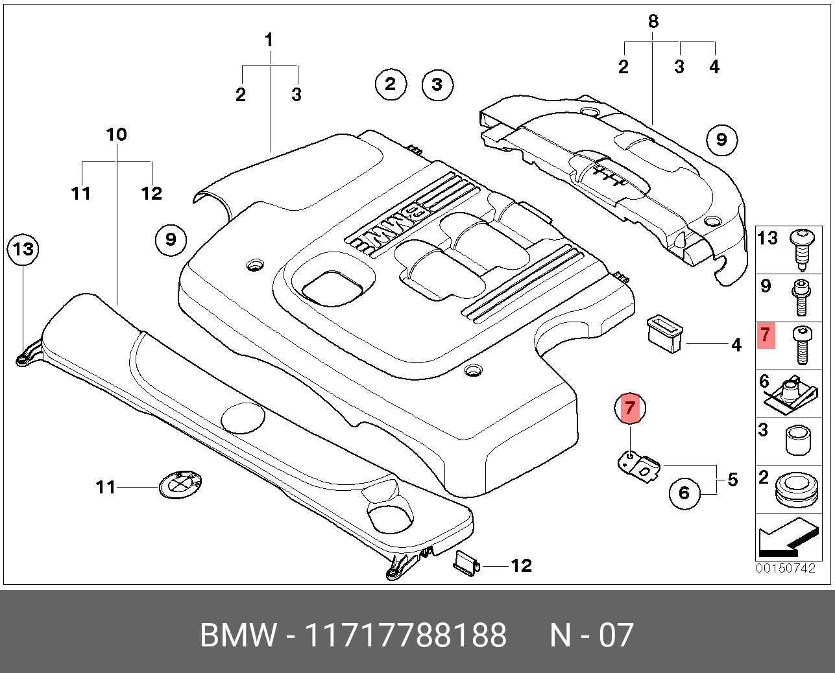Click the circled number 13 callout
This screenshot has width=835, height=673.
tap(23, 249)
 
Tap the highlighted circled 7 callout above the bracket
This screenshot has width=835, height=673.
tap(630, 408)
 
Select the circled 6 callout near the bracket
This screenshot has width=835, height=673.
tap(684, 493)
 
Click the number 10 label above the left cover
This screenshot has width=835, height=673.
tap(116, 135)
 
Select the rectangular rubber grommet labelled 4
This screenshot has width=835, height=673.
tap(664, 333)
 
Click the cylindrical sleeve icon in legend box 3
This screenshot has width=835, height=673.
tap(798, 440)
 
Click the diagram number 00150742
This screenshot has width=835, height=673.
tap(785, 568)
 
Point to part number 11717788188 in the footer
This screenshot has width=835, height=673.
tap(406, 635)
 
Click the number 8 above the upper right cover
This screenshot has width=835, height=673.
tap(653, 21)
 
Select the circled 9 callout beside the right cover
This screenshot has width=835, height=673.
tap(721, 139)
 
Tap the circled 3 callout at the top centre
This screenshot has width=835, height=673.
tap(437, 84)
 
